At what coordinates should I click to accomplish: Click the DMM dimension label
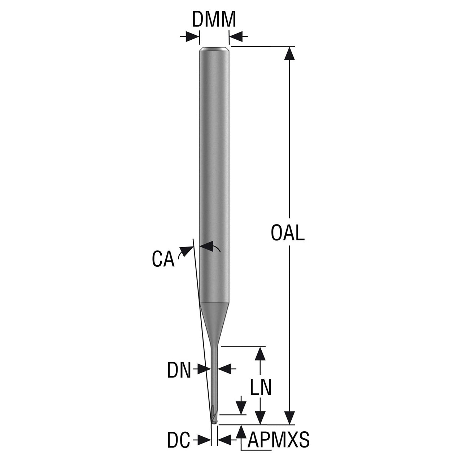[x=214, y=19]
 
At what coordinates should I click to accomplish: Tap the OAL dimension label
[x=287, y=233]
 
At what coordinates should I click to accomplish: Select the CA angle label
[x=163, y=259]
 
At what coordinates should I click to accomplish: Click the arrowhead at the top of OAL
[x=289, y=53]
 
